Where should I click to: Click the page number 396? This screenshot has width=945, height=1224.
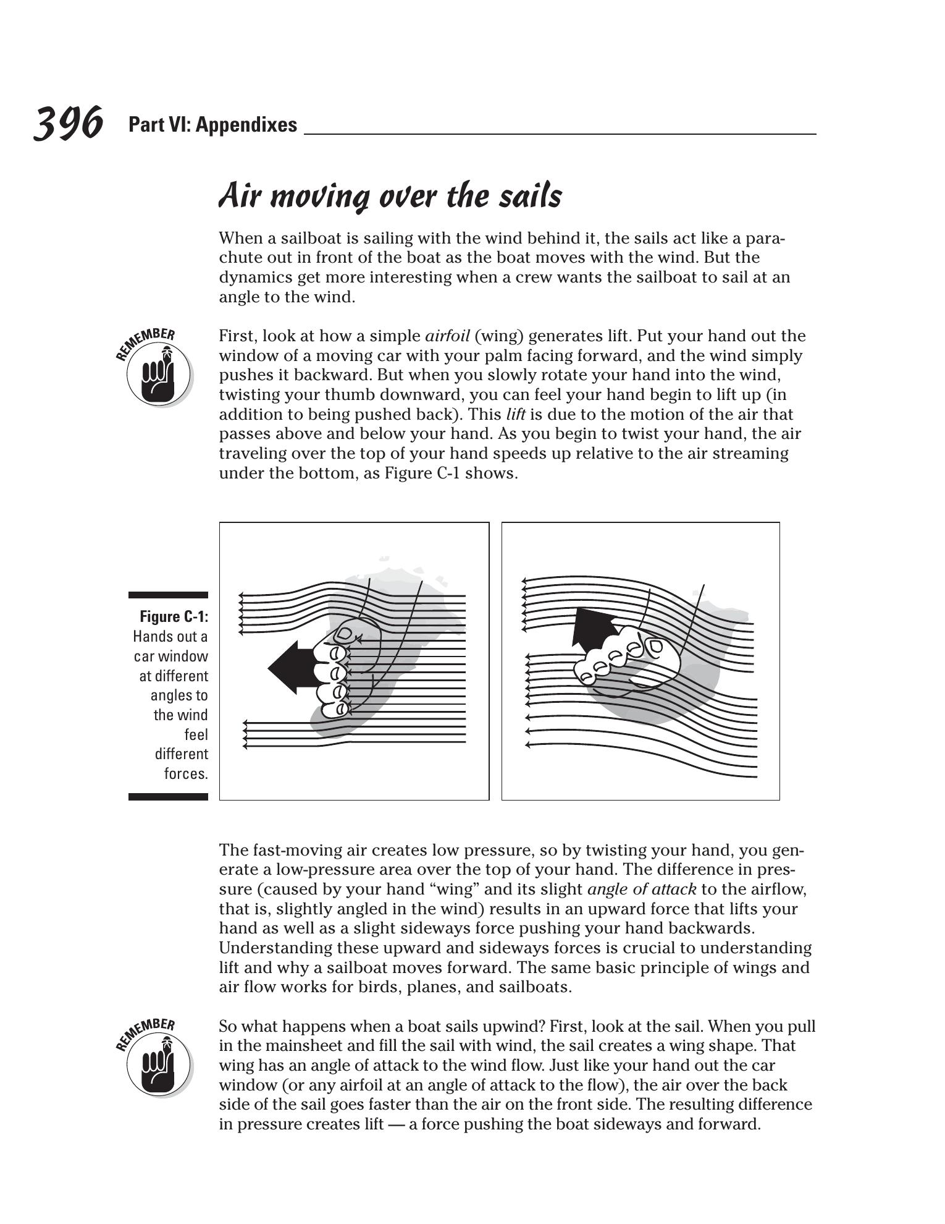[x=67, y=123]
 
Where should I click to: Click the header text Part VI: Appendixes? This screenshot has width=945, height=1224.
[x=212, y=125]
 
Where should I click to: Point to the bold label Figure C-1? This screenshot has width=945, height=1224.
[x=174, y=616]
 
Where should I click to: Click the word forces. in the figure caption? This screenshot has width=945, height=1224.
[x=185, y=773]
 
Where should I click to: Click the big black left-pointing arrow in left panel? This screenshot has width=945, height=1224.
[x=290, y=668]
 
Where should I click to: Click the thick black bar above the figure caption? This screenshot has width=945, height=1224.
[x=168, y=595]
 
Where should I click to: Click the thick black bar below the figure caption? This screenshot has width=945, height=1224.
[x=168, y=797]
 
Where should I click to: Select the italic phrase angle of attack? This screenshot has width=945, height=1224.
[x=642, y=890]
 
